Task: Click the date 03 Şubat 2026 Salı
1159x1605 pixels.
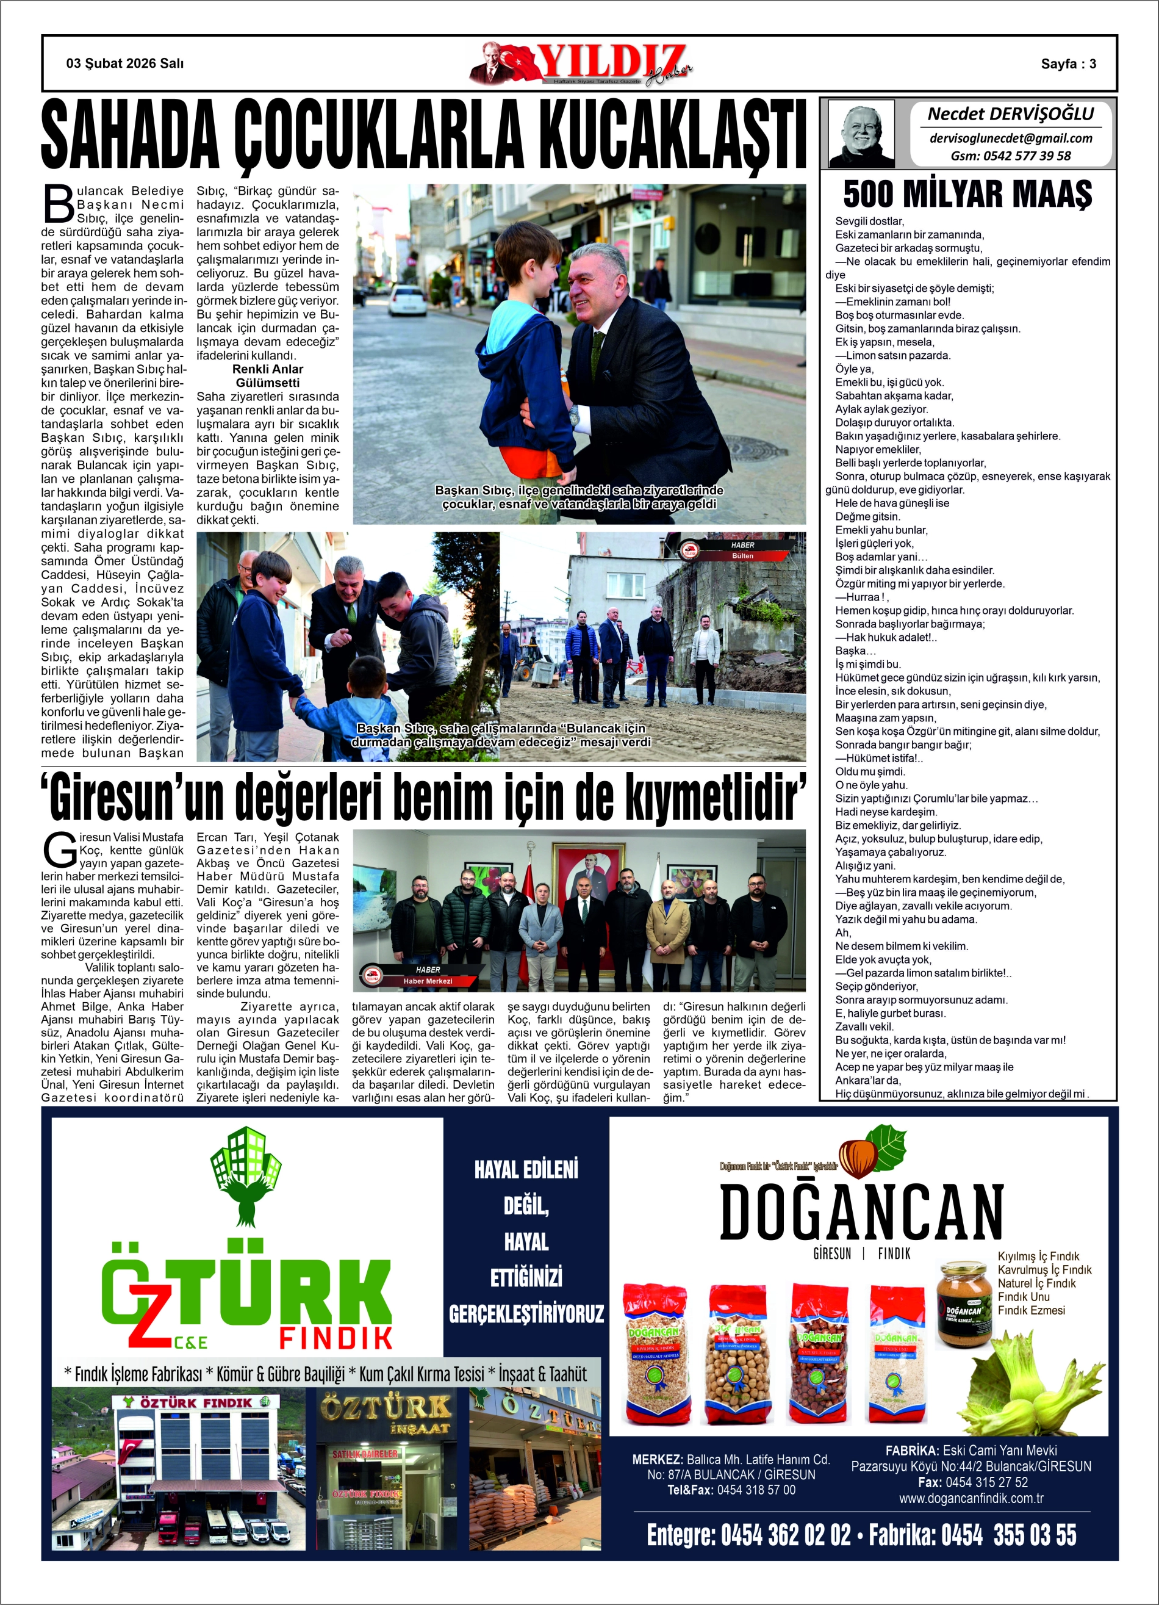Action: point(124,63)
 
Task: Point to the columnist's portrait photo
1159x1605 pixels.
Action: point(861,134)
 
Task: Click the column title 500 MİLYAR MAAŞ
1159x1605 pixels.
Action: point(967,194)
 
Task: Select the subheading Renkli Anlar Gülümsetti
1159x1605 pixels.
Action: point(267,376)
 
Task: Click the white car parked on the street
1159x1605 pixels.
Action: point(407,300)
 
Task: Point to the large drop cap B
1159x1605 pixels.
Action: point(59,204)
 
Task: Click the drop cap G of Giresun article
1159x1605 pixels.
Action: point(59,850)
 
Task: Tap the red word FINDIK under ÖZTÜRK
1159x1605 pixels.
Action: point(335,1338)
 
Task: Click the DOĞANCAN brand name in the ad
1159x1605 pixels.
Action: point(861,1211)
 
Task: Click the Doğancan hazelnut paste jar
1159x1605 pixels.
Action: point(964,1303)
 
